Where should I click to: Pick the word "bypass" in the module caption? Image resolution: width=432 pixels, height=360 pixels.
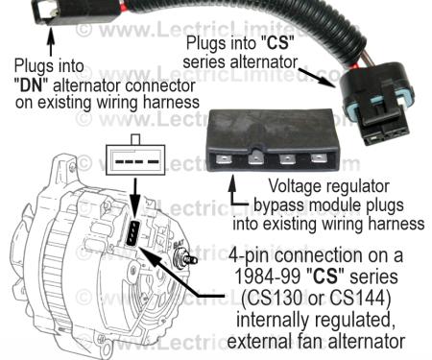point(282,205)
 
